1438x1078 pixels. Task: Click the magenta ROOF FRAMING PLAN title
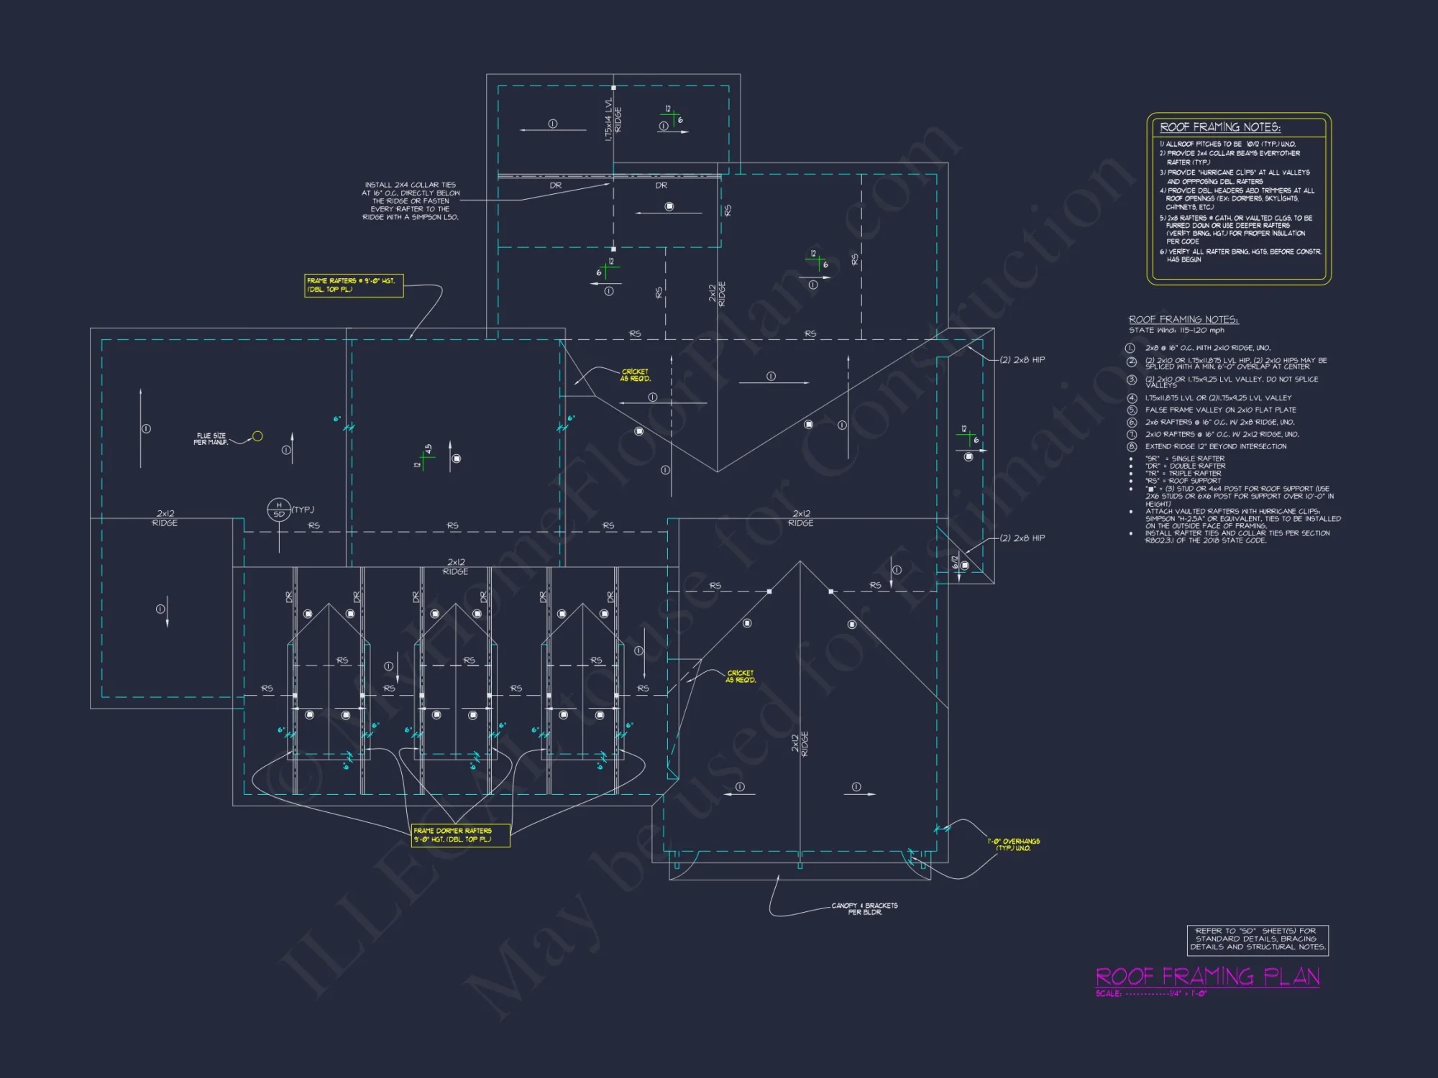click(1207, 977)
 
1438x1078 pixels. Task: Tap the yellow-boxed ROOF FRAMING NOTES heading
click(1220, 127)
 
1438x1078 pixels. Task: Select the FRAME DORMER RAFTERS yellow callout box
click(460, 835)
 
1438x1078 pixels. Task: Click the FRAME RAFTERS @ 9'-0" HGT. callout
click(353, 285)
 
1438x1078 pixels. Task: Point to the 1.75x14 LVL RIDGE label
click(613, 119)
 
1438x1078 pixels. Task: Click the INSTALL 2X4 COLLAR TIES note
click(411, 201)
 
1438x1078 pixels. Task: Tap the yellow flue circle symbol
click(257, 436)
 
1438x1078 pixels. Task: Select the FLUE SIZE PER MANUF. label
click(211, 439)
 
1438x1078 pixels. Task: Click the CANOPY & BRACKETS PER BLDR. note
click(864, 908)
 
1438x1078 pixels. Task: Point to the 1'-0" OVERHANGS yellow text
click(1014, 844)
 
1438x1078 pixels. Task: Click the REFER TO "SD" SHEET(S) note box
click(1258, 939)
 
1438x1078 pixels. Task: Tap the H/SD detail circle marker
click(279, 510)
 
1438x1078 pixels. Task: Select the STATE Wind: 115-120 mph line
click(1176, 331)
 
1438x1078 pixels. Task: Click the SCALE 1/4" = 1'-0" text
click(1151, 994)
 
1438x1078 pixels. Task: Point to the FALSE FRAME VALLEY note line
click(1220, 410)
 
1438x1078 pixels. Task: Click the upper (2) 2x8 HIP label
click(1022, 360)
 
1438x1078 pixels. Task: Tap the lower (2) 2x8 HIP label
click(1022, 538)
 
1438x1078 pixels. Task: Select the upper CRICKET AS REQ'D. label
click(635, 375)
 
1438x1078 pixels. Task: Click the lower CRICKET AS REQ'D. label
click(741, 676)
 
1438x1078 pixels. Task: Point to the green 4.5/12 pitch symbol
click(424, 459)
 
